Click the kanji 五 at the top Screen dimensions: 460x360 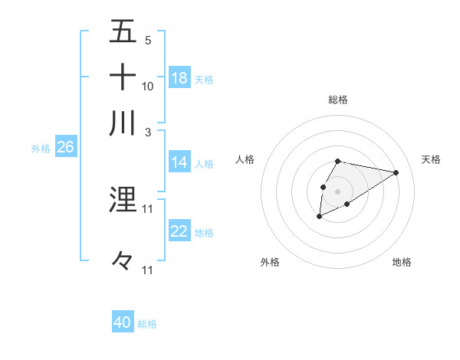pos(123,32)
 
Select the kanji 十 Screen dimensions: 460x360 pos(123,77)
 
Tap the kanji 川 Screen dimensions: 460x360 pos(123,123)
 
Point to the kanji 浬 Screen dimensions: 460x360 pos(123,200)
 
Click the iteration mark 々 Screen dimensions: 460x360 pos(123,261)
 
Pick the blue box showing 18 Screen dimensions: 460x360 pos(179,78)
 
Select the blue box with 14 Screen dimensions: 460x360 pos(179,162)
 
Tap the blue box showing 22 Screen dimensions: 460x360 pos(179,231)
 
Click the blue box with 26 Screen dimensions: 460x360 pos(65,148)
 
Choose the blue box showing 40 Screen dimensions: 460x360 pos(123,323)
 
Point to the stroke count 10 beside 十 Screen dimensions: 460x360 pos(148,87)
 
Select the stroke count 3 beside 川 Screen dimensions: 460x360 pos(148,132)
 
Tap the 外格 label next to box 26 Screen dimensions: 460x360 pos(41,149)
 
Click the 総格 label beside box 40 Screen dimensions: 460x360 pos(147,324)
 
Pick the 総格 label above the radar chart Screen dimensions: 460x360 pos(337,100)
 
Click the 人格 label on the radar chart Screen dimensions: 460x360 pos(245,159)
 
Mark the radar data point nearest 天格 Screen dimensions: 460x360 pos(396,172)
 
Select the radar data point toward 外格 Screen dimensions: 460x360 pos(319,218)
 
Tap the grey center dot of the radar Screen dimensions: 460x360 pos(337,190)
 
